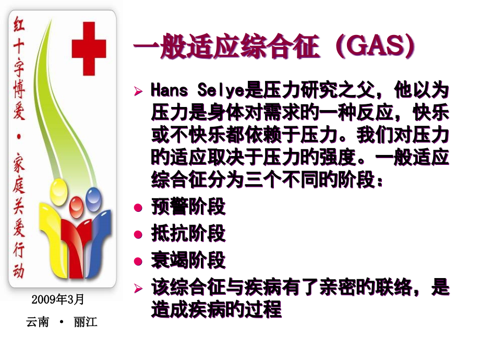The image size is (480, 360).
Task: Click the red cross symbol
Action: click(x=89, y=49)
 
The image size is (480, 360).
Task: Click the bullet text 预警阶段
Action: click(x=188, y=207)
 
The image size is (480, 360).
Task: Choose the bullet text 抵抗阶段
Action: click(x=188, y=233)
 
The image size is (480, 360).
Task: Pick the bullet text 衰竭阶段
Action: click(x=188, y=260)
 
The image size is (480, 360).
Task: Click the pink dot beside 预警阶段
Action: click(x=138, y=207)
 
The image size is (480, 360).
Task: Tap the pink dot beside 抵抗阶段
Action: click(x=138, y=234)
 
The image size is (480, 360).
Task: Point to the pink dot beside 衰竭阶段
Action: click(x=138, y=261)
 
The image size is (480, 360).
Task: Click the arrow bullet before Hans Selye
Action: click(x=138, y=91)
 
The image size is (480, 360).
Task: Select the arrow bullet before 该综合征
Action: click(x=138, y=288)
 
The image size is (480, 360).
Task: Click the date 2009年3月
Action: click(x=58, y=299)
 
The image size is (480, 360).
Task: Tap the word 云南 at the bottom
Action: click(x=38, y=322)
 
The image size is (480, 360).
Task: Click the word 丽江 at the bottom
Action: click(x=86, y=322)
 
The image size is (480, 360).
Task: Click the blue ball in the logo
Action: click(x=94, y=197)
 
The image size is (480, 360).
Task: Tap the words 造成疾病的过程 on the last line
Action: click(x=216, y=309)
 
